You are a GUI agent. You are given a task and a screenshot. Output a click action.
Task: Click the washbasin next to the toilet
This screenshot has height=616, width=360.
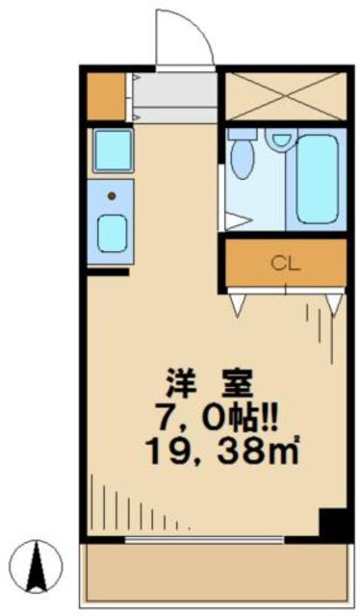pyautogui.click(x=280, y=141)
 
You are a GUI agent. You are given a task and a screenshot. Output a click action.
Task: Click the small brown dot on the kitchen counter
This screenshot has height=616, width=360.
pyautogui.click(x=111, y=196)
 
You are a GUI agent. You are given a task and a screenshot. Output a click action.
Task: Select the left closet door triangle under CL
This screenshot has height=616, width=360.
pyautogui.click(x=238, y=305)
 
